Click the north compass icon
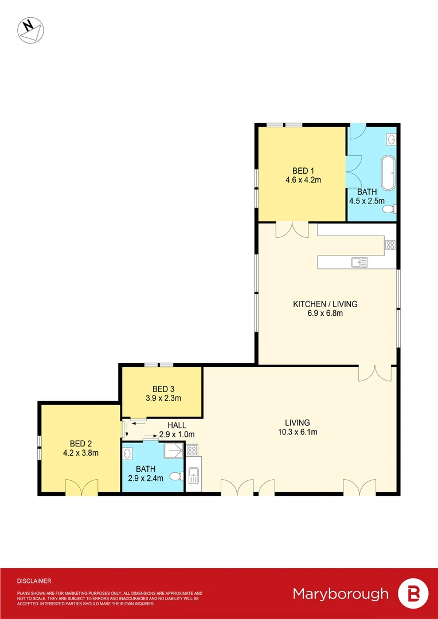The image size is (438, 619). coord(30,30)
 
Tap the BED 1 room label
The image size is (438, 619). coord(303,171)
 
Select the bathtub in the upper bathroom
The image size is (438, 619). coord(389,173)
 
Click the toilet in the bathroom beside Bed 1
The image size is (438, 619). coord(389,209)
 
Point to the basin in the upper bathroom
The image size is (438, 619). coord(392,139)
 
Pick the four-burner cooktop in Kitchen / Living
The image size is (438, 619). coord(390,245)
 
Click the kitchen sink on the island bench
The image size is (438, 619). coord(360,263)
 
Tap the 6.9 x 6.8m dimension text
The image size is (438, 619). coord(325,313)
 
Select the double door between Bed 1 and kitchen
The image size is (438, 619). coord(292,230)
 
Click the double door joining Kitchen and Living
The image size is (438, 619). coord(376,373)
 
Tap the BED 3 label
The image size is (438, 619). coord(160,389)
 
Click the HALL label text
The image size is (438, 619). coord(177,426)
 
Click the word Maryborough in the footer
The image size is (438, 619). coord(341,594)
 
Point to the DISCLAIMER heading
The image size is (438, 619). coord(34,581)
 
